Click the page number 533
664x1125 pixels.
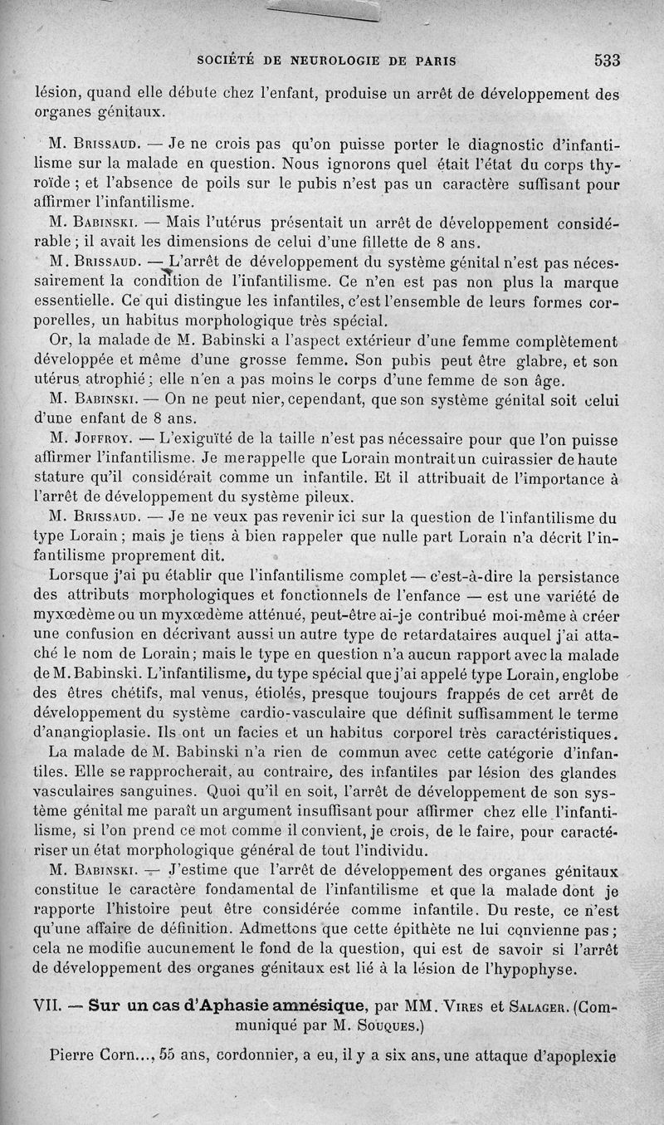[x=608, y=60]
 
